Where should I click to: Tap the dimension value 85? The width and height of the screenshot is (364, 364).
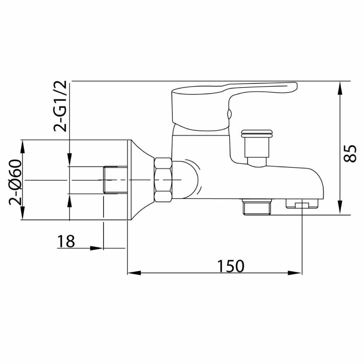click(350, 154)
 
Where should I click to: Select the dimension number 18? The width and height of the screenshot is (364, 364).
click(66, 241)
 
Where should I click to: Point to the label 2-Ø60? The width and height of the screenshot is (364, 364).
click(15, 182)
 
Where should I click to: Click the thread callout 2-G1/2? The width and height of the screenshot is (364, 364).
click(60, 106)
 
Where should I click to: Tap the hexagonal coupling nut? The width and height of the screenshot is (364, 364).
click(163, 180)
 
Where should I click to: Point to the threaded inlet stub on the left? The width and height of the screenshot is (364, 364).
click(116, 180)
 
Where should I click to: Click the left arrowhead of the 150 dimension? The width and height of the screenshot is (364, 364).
click(134, 273)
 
